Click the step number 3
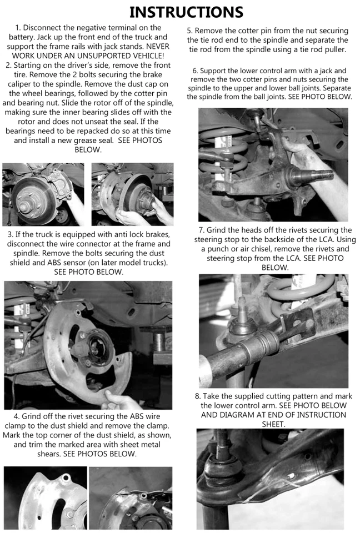pos(11,234)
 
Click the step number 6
pos(195,71)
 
